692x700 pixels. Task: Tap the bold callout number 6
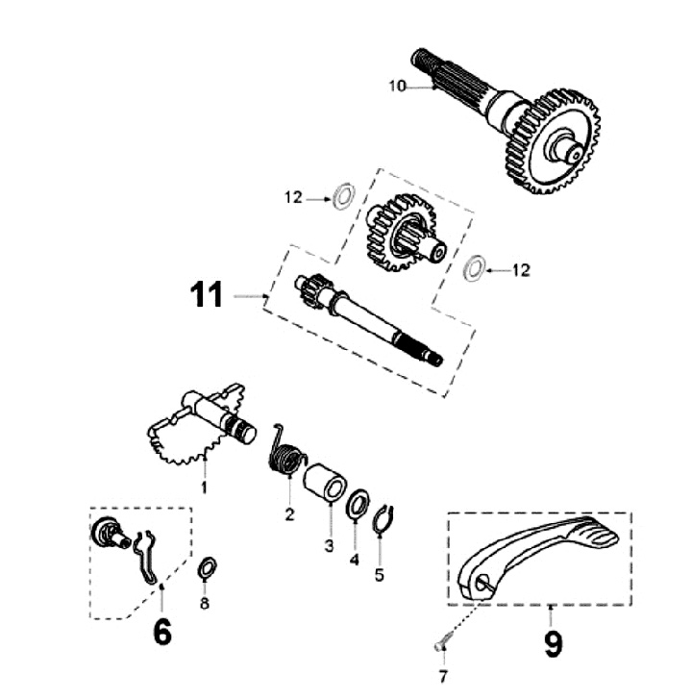[162, 633]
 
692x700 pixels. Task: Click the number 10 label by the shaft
[398, 87]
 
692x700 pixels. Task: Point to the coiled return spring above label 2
[284, 451]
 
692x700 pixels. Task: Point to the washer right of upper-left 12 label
[339, 198]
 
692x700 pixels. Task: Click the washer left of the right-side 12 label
[473, 268]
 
